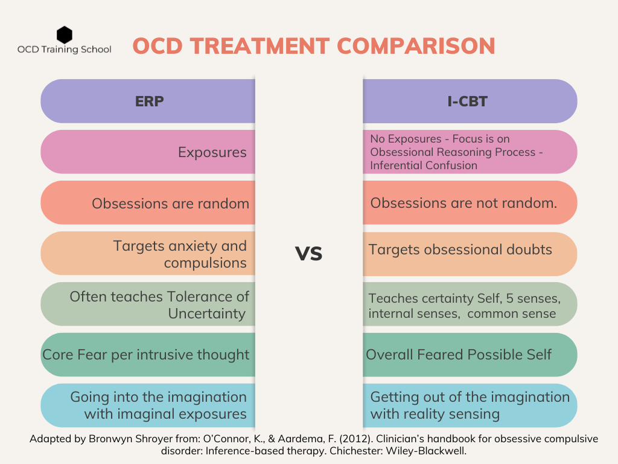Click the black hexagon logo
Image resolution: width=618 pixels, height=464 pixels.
click(x=64, y=34)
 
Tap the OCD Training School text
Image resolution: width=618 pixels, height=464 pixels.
click(x=64, y=50)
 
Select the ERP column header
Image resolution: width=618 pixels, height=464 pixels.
click(x=149, y=101)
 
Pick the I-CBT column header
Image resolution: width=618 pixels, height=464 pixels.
click(x=470, y=101)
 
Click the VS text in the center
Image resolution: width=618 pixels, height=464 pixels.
click(x=308, y=254)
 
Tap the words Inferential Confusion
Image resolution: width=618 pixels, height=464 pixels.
click(x=424, y=166)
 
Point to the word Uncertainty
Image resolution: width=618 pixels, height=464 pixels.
click(x=207, y=314)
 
